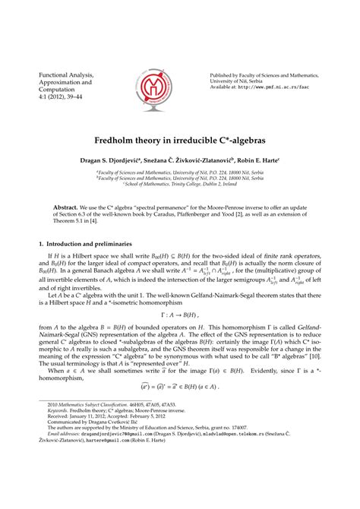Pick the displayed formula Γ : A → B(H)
(179, 335)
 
